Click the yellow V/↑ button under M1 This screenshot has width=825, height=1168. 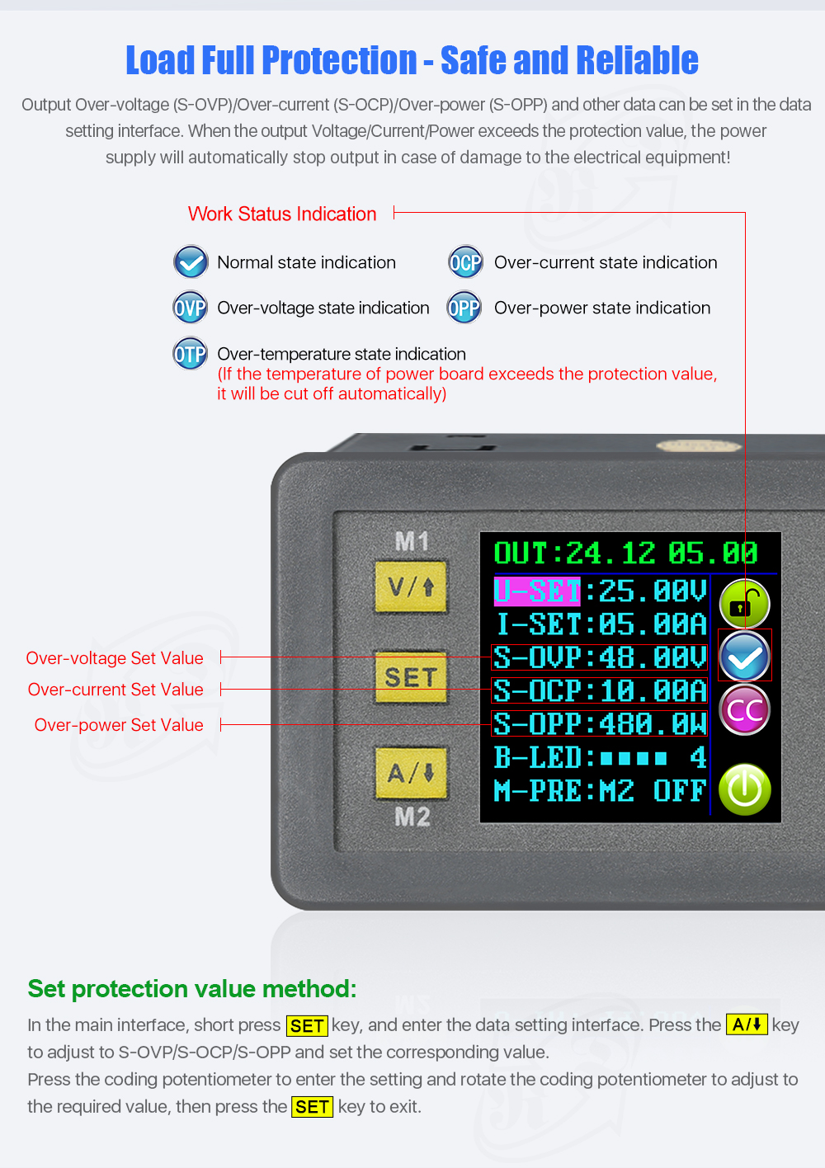[x=411, y=587]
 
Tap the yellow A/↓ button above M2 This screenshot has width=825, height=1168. [x=411, y=773]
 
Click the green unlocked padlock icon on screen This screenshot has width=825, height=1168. [x=744, y=604]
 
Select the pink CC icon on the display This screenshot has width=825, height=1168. [x=744, y=710]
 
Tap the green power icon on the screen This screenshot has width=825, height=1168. [x=744, y=789]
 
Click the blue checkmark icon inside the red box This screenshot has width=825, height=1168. [x=744, y=657]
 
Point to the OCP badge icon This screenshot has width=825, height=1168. [x=465, y=262]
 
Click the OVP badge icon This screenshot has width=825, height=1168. [x=190, y=308]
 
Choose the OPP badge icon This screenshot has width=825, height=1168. [x=464, y=308]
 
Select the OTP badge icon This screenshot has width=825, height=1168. [x=190, y=354]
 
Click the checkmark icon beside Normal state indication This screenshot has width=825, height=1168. [x=191, y=262]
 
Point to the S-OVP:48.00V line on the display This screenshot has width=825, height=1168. [x=600, y=657]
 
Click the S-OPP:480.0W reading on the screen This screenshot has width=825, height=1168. [x=600, y=723]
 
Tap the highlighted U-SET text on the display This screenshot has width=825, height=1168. [x=537, y=591]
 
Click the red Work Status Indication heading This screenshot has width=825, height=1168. [x=282, y=214]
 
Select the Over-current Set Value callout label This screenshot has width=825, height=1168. [x=115, y=690]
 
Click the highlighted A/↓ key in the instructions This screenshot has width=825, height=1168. [x=747, y=1024]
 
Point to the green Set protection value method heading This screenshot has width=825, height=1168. [x=192, y=988]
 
